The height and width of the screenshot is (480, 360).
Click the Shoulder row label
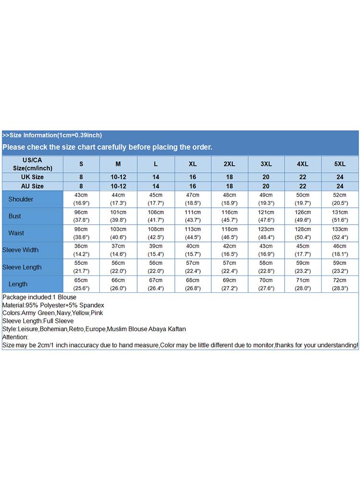click(x=21, y=199)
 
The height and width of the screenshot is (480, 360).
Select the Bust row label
click(x=15, y=216)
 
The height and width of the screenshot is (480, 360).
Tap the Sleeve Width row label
click(x=21, y=250)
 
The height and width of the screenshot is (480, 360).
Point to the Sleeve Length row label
click(x=22, y=267)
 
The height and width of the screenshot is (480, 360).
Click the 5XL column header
click(x=340, y=164)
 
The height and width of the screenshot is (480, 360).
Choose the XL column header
click(x=192, y=164)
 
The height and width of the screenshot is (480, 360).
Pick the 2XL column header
click(x=229, y=164)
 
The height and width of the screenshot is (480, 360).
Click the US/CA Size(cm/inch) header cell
click(x=33, y=164)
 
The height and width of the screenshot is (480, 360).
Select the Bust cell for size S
click(x=81, y=216)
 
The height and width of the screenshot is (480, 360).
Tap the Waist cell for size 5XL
click(x=340, y=233)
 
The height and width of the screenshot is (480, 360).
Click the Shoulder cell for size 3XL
click(x=266, y=199)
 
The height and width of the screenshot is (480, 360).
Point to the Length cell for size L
click(x=156, y=284)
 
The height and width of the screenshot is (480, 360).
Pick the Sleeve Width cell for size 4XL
click(x=303, y=250)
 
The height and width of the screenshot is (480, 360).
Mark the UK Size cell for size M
click(x=119, y=177)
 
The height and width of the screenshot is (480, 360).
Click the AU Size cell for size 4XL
click(x=303, y=186)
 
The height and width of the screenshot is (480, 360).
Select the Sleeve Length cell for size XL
click(x=192, y=267)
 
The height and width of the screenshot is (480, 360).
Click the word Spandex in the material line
click(x=93, y=305)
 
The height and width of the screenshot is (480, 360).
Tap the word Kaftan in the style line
click(x=176, y=329)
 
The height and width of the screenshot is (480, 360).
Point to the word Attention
click(x=15, y=337)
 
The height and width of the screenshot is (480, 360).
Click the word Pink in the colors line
click(x=97, y=313)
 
